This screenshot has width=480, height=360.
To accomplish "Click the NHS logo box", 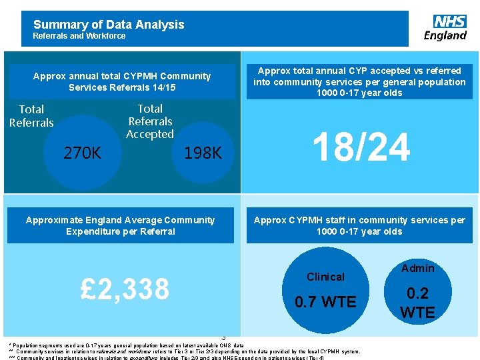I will [x=449, y=21].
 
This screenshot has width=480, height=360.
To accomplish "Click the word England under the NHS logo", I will [x=445, y=35].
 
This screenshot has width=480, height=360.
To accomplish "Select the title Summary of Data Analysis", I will [x=109, y=25].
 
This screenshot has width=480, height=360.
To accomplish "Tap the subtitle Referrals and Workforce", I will [x=79, y=36].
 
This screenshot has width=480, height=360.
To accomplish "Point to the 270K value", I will [x=82, y=153].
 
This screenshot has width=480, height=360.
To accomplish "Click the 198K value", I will [x=203, y=153].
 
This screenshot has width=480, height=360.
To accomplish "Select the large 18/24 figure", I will [x=361, y=147].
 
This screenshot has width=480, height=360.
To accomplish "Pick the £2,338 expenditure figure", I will [x=125, y=289].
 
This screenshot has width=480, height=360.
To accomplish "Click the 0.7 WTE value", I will [x=325, y=302].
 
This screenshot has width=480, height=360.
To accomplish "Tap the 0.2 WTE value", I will [x=417, y=303].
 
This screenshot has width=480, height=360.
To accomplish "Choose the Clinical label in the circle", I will [x=325, y=277].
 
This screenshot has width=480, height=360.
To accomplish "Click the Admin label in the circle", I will [x=417, y=268].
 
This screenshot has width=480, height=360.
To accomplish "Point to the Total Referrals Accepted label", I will [x=150, y=121].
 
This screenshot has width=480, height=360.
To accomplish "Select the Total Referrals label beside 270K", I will [x=31, y=115].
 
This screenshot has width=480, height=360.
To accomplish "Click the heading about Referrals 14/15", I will [x=121, y=81].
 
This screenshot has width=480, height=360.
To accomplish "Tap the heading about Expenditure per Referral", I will [x=120, y=225].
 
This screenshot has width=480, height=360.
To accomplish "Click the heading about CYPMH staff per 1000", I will [x=359, y=225].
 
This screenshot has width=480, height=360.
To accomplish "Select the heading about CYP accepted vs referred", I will [x=359, y=81].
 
